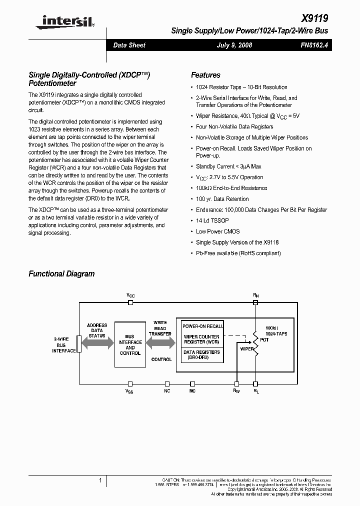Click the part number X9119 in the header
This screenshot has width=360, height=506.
(316, 18)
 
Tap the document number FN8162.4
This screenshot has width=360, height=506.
(314, 45)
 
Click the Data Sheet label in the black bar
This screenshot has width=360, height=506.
(129, 45)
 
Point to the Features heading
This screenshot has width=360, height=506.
(205, 75)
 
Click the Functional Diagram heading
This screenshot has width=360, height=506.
(61, 273)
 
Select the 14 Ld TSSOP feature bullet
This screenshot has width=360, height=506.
(212, 220)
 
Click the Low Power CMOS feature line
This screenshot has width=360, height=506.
(217, 231)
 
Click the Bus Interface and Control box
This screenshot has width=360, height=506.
(130, 345)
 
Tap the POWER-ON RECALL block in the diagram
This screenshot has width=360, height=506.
(202, 326)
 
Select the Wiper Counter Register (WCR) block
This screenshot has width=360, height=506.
(201, 339)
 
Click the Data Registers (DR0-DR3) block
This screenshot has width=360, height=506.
(201, 354)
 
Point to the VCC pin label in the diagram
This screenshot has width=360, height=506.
(130, 295)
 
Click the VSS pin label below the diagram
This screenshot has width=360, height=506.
(129, 392)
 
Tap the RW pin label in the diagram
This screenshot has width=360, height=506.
(236, 391)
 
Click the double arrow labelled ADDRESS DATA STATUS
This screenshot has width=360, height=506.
(96, 343)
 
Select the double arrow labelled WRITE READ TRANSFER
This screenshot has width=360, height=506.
(160, 343)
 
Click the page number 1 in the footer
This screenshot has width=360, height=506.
(100, 480)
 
